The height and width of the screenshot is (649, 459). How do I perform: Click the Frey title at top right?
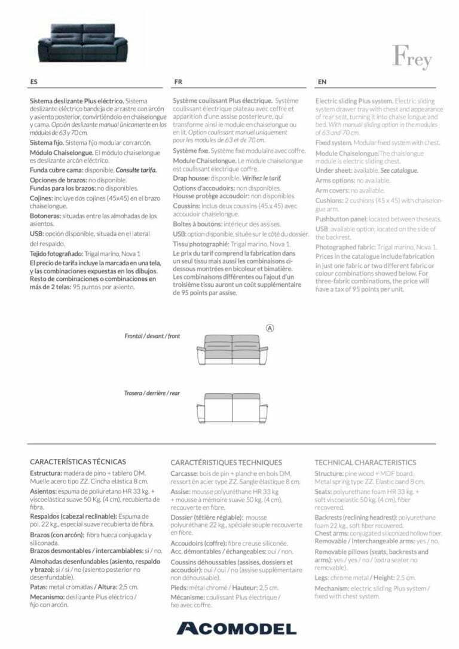click(411, 57)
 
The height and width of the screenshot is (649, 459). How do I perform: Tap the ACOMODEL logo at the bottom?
click(236, 627)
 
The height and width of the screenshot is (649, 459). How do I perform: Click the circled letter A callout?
click(270, 327)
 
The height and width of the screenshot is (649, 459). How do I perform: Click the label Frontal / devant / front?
click(152, 336)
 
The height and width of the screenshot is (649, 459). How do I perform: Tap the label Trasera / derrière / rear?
click(152, 393)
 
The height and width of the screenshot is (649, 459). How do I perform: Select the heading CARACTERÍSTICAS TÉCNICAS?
click(78, 461)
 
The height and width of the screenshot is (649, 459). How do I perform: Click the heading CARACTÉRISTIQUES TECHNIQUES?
click(226, 462)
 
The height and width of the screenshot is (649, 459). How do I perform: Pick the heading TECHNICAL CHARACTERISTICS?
click(365, 462)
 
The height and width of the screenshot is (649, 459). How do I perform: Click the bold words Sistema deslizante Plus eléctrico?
click(76, 101)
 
